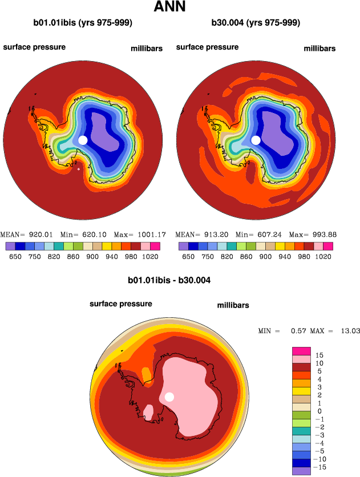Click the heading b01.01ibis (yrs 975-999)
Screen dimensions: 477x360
83,23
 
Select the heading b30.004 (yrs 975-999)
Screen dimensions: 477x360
256,23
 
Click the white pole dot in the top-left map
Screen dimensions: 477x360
83,140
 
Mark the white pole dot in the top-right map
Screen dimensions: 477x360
256,140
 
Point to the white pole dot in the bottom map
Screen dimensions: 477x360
169,397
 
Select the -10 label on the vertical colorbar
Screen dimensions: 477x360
321,459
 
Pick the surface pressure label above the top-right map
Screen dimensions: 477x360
207,47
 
